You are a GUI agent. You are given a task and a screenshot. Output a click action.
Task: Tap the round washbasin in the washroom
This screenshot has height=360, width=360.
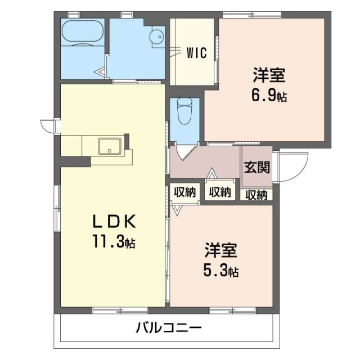click(157, 37)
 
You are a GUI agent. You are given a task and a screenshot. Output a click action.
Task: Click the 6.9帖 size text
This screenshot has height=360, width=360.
click(268, 96)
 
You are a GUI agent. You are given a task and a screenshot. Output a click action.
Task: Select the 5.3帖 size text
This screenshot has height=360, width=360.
click(220, 271)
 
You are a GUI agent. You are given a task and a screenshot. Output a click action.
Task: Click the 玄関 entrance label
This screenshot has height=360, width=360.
click(256, 168)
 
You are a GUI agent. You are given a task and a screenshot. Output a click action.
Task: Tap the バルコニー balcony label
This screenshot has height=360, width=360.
click(169, 327)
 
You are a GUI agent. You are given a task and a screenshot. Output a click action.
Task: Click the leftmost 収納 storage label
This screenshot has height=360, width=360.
click(184, 192)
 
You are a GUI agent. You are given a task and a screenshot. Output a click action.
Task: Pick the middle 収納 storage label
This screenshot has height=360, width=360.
click(220, 192)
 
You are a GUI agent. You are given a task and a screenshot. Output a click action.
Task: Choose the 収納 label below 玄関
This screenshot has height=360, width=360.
click(256, 195)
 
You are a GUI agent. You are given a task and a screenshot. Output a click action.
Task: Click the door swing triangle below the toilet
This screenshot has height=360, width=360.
click(184, 152)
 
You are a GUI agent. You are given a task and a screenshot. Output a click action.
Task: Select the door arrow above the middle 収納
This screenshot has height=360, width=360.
click(213, 174)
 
